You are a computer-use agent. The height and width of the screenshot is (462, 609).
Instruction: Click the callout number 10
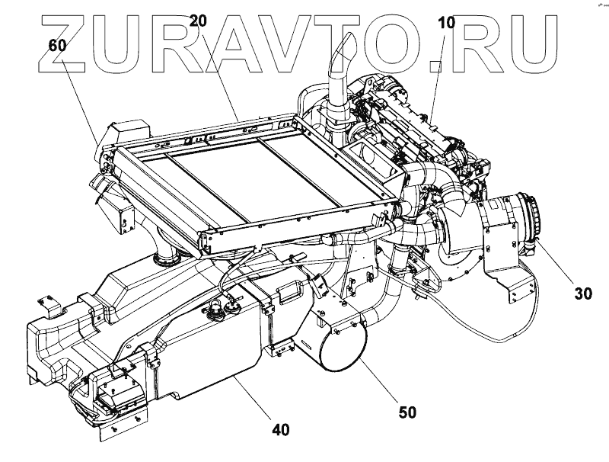446,23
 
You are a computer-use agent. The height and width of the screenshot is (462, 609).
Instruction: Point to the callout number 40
280,431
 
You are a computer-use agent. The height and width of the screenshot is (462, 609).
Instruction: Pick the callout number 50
407,412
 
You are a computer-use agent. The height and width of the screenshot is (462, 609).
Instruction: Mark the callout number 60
57,45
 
